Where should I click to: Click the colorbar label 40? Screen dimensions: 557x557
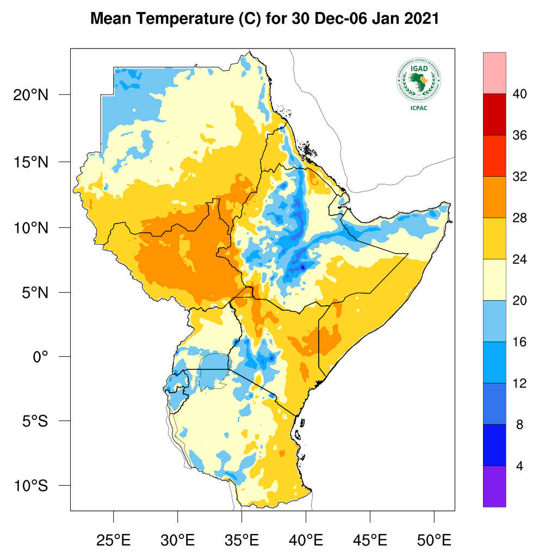(519, 94)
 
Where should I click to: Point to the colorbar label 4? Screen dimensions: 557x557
(519, 466)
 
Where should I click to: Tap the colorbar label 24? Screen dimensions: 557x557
(519, 259)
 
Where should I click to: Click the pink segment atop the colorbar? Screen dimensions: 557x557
(494, 73)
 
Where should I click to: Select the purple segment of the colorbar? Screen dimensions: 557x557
(494, 486)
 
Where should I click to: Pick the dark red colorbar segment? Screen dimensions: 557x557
(494, 114)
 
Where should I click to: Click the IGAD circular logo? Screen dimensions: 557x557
(418, 80)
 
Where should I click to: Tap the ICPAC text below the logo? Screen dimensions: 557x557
(418, 108)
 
